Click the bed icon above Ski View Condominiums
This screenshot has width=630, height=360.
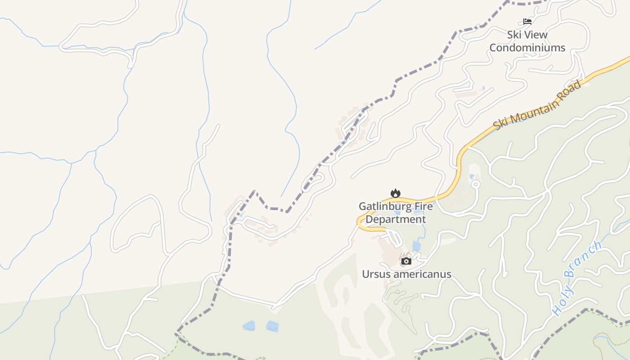click(527, 21)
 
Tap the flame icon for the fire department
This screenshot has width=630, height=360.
click(395, 193)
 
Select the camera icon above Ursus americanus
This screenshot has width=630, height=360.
click(406, 261)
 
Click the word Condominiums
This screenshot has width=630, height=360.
click(527, 48)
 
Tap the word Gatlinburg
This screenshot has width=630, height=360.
click(384, 207)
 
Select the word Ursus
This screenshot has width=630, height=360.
click(375, 274)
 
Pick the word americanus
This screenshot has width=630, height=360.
click(421, 274)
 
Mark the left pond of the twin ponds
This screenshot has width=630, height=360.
click(248, 326)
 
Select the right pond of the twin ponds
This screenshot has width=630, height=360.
click(272, 326)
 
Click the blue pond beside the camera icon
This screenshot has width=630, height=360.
click(416, 246)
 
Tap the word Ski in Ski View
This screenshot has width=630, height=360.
click(515, 35)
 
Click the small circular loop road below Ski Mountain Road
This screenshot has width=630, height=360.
click(475, 184)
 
